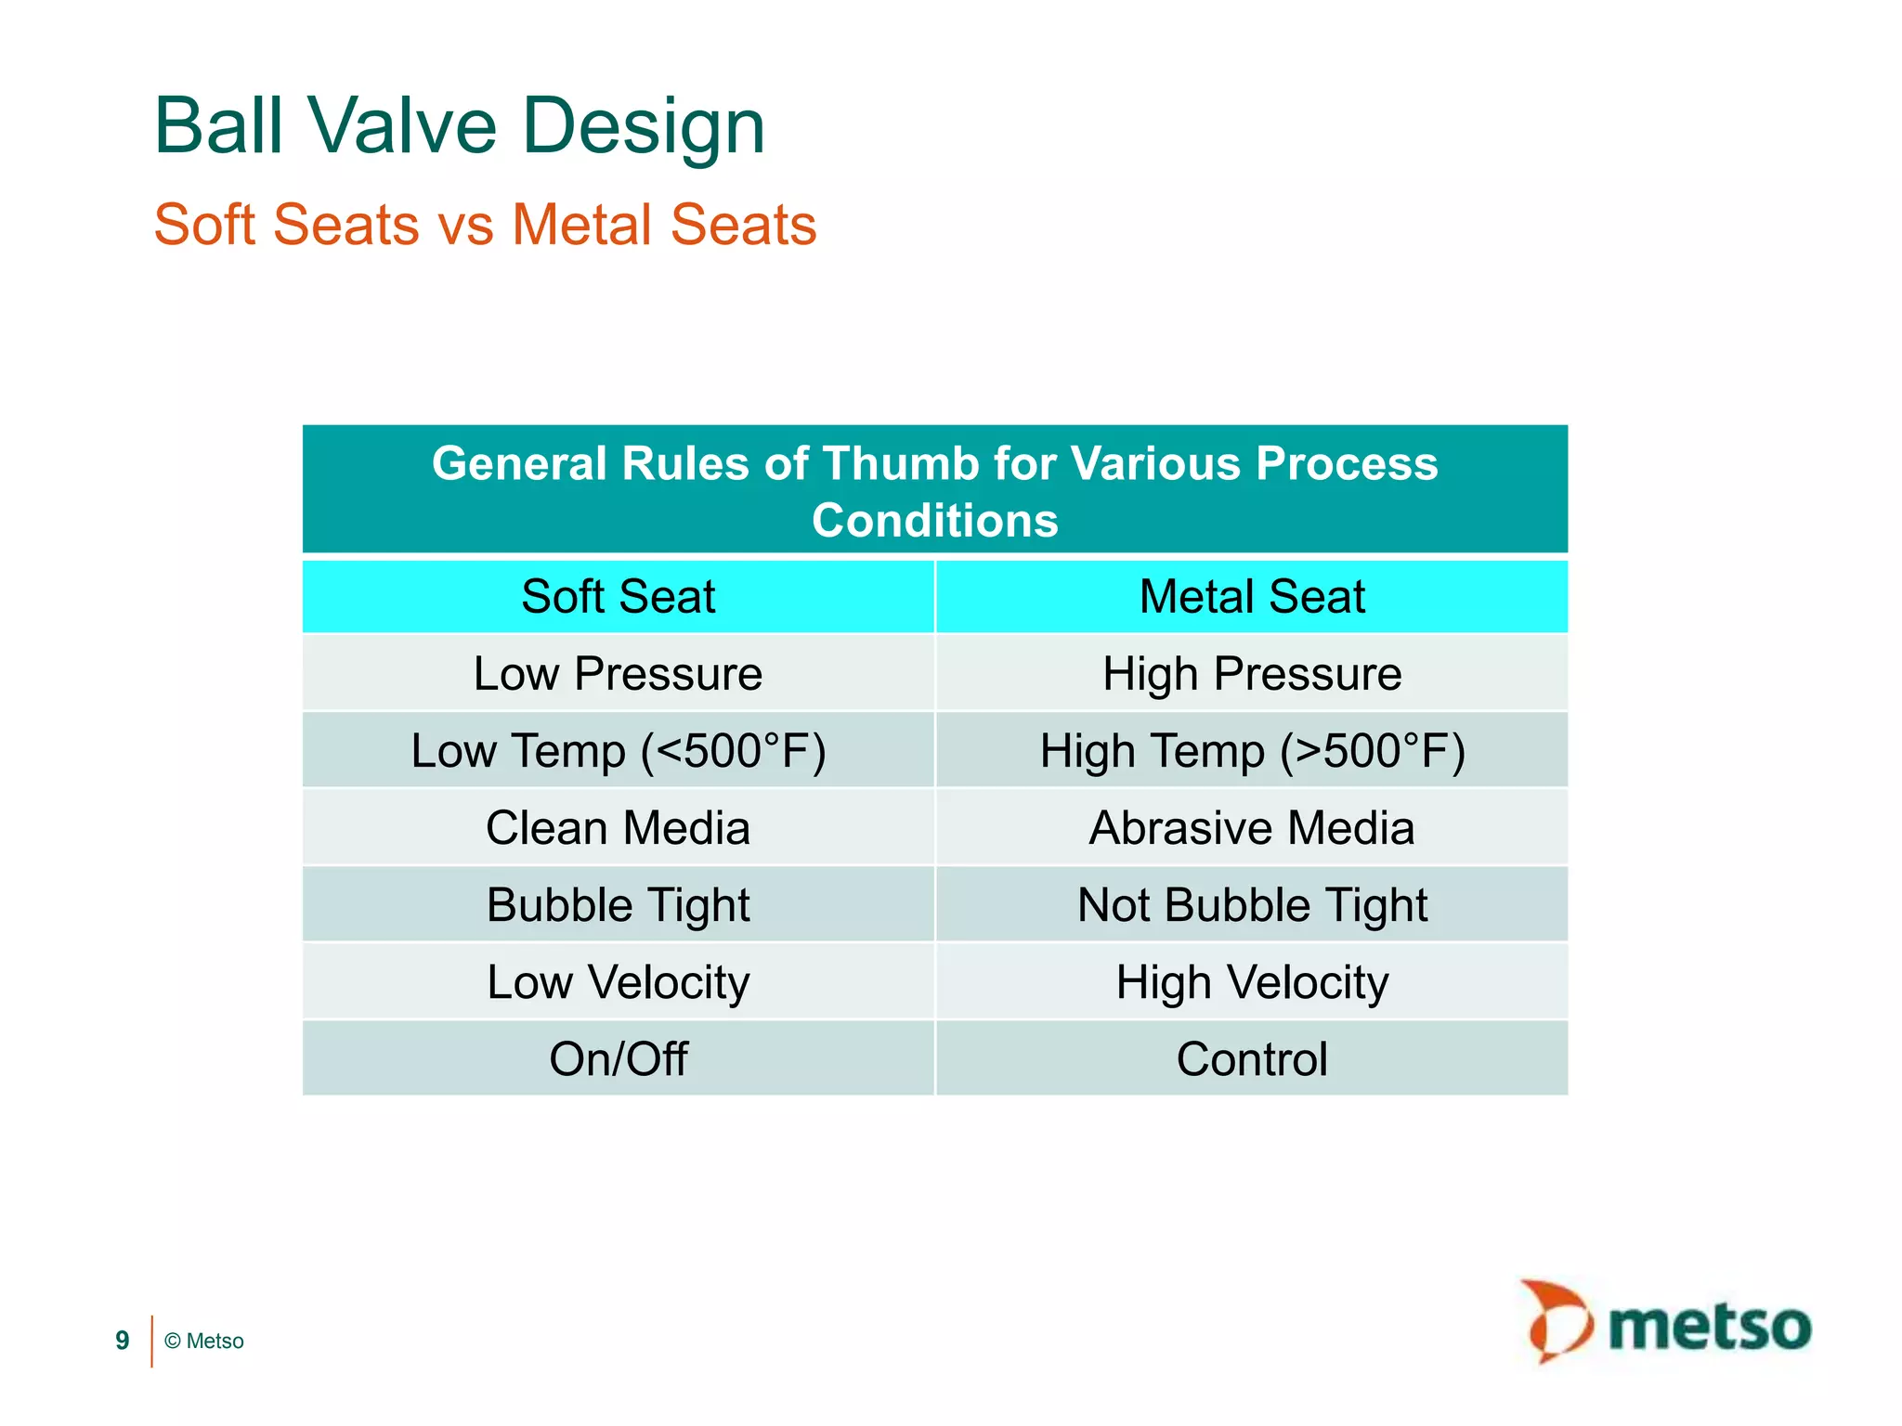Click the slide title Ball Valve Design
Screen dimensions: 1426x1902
click(x=459, y=126)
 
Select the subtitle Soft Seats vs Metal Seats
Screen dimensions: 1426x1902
click(x=485, y=225)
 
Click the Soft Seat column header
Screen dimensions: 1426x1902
click(x=618, y=596)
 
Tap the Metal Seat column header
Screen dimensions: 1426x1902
click(x=1251, y=596)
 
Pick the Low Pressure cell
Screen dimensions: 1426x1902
click(x=618, y=673)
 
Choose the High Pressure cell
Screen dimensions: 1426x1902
click(x=1251, y=673)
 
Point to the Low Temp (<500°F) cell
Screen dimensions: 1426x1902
click(x=618, y=750)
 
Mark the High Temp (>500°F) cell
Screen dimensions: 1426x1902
click(x=1251, y=750)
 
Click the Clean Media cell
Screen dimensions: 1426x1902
click(x=618, y=827)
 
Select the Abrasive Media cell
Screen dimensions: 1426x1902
click(x=1251, y=827)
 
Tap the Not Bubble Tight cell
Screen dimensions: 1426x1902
click(x=1251, y=904)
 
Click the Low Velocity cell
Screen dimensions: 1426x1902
click(x=618, y=981)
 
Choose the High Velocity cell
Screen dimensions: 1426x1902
click(x=1251, y=981)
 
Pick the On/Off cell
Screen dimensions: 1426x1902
click(x=618, y=1058)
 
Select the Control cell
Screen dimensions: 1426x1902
click(x=1251, y=1058)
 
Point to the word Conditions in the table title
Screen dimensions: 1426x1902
click(x=934, y=520)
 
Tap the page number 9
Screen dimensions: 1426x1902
click(x=122, y=1341)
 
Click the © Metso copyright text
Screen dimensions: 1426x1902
click(x=204, y=1341)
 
